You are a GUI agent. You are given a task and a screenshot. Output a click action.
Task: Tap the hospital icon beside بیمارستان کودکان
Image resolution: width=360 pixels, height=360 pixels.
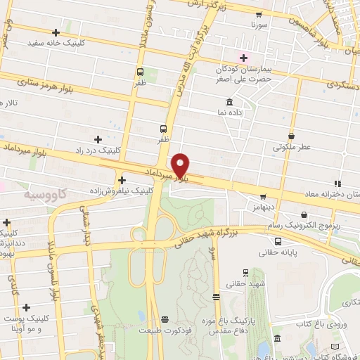tap(244, 57)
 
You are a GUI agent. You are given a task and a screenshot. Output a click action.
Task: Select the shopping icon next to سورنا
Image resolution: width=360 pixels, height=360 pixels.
tap(259, 14)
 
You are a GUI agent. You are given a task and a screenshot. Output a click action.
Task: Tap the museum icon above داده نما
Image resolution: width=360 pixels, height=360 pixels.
tap(230, 101)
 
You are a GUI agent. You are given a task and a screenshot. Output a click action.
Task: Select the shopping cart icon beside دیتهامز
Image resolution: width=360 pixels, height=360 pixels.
tap(263, 197)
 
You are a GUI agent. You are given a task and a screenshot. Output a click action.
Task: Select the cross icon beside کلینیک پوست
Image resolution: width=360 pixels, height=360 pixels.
tap(26, 307)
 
